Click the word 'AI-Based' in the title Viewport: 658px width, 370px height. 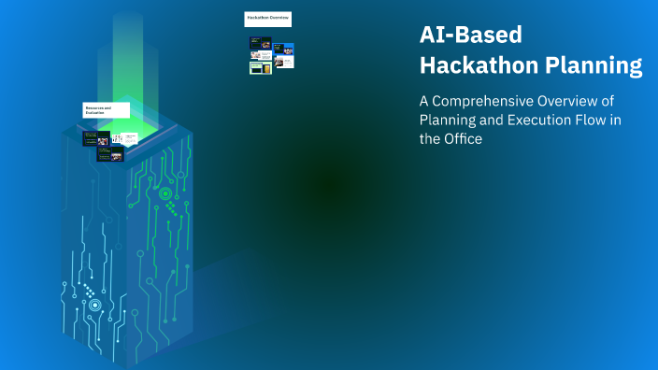point(470,36)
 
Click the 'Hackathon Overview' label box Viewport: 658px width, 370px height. point(267,19)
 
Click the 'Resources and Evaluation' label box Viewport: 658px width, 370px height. point(105,110)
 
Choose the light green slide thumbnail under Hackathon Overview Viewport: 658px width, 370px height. point(261,67)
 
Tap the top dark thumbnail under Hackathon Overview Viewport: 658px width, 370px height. point(261,42)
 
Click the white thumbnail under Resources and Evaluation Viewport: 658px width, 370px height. point(118,139)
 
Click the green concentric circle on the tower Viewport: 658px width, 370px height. point(165,193)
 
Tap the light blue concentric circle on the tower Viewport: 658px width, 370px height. point(94,305)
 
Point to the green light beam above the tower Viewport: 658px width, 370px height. point(127,56)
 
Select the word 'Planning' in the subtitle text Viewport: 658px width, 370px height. point(445,120)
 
